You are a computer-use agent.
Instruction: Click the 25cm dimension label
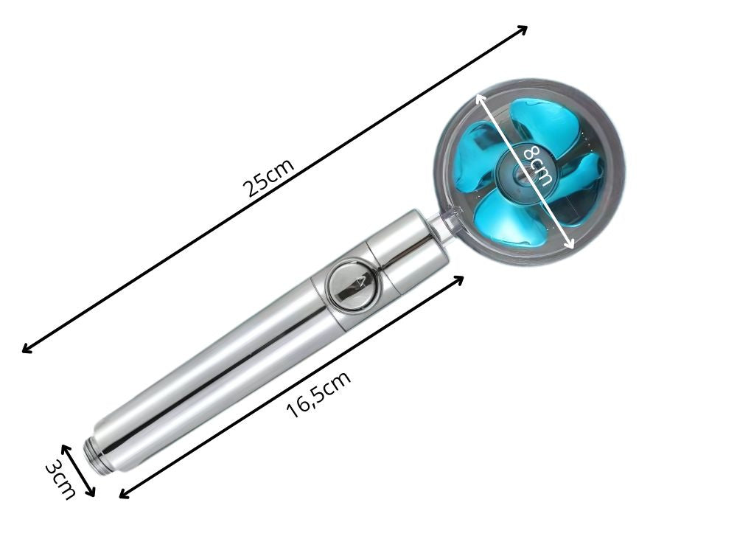270,177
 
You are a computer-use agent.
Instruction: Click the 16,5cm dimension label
318,395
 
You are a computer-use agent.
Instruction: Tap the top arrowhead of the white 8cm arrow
479,96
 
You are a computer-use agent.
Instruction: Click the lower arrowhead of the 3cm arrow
93,495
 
